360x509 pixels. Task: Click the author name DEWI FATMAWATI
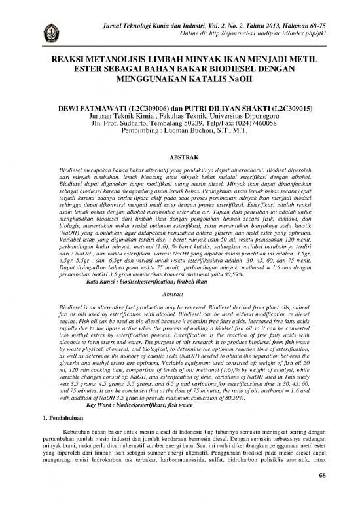(92, 105)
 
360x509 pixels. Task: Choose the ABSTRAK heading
(179, 159)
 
